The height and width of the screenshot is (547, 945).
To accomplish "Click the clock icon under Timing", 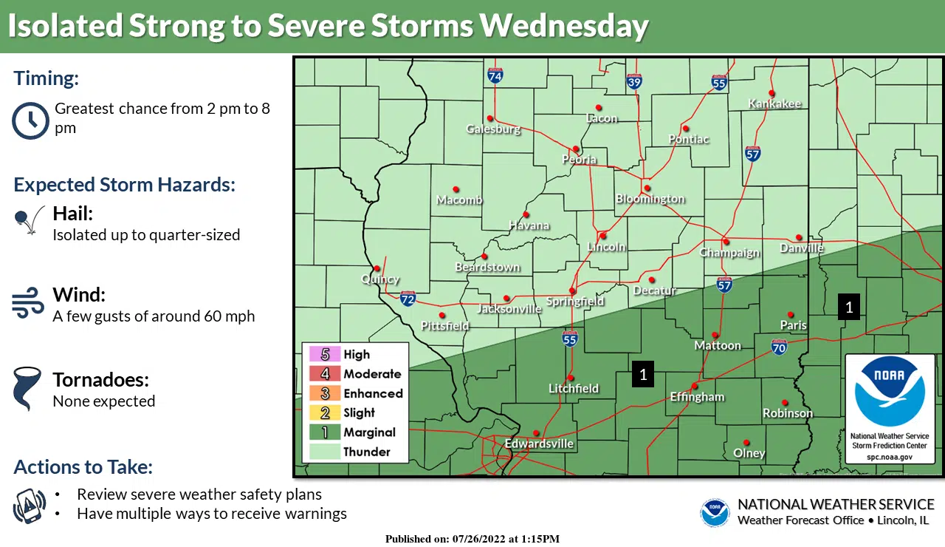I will [x=30, y=120].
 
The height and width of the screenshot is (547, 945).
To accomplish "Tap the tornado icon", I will [x=27, y=390].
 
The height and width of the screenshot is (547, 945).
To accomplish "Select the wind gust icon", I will [x=28, y=304].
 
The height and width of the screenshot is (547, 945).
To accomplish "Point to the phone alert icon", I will [x=30, y=506].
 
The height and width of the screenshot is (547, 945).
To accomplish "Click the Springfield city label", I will [x=575, y=302].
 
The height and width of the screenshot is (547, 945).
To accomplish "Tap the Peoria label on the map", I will [x=579, y=160].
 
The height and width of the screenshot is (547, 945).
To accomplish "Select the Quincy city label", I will [x=380, y=279].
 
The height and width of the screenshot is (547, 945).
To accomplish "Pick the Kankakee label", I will [x=774, y=104].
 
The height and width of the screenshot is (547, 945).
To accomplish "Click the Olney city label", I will [x=749, y=453].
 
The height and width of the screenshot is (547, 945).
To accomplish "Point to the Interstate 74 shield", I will [x=495, y=75].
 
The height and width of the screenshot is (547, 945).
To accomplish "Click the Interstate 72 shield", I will [x=408, y=299].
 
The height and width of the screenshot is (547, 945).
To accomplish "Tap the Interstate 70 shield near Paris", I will [x=779, y=346].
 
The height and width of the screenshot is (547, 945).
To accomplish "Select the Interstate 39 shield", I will [x=634, y=81].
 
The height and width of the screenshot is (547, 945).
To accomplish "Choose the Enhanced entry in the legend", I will [x=373, y=393].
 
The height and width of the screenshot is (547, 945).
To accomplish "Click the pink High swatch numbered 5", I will [x=325, y=355].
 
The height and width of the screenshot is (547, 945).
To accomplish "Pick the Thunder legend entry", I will [x=366, y=452].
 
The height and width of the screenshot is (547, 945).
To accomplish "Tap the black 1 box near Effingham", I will [x=643, y=375].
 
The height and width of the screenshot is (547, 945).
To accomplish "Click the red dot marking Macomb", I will [x=456, y=190].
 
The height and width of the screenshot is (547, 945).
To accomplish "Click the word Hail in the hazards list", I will [x=72, y=214].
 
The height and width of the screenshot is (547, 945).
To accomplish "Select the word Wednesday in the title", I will [x=563, y=26].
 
